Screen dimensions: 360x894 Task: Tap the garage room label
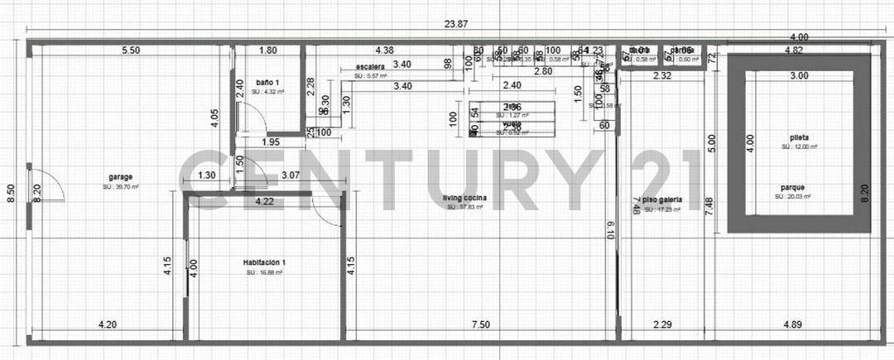(121, 176)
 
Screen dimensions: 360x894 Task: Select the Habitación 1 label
(265, 263)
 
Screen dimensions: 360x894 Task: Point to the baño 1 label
(267, 83)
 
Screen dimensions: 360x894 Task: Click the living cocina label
(464, 198)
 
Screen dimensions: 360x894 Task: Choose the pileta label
(799, 137)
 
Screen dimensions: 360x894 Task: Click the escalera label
(370, 66)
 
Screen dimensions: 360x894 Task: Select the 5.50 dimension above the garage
(131, 50)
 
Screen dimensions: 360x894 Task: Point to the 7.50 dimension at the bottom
(480, 324)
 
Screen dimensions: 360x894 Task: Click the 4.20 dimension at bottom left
(107, 324)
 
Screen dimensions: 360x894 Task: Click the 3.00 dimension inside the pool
(798, 76)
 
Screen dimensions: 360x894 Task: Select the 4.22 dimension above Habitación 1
(265, 201)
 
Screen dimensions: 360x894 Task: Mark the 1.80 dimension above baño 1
(267, 50)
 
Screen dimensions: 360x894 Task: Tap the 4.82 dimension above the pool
(793, 50)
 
